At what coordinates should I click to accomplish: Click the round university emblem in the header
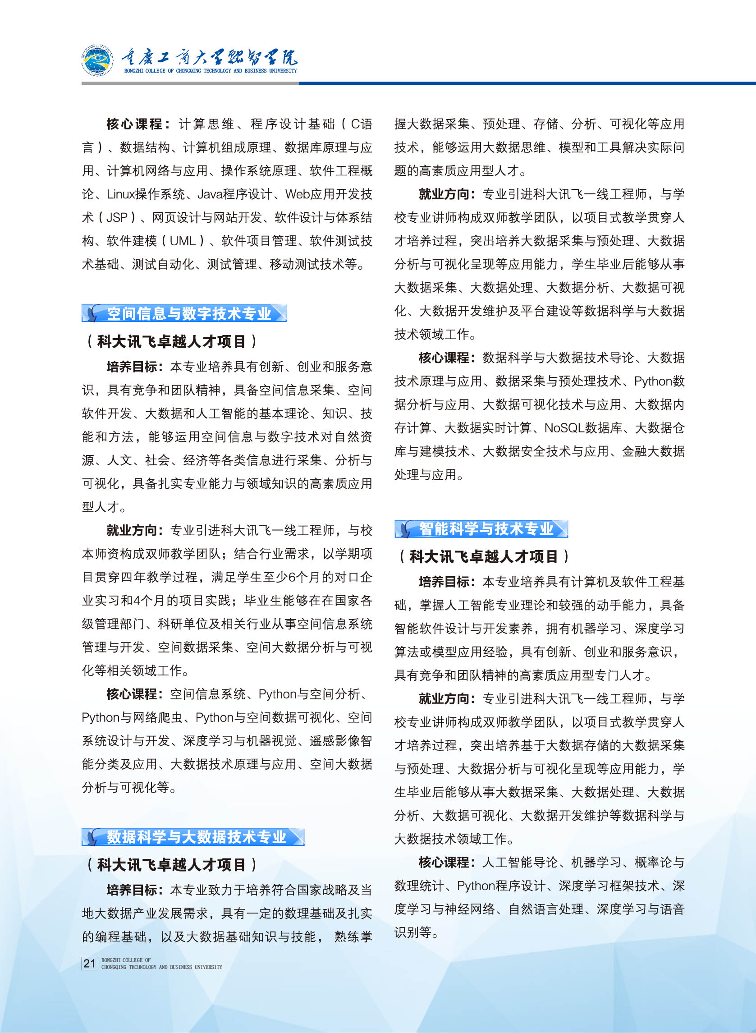point(97,60)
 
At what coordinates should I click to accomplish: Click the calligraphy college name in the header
point(210,57)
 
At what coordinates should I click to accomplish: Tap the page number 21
point(89,964)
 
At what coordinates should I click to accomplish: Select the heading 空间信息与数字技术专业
point(188,313)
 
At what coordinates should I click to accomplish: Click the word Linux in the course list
point(121,194)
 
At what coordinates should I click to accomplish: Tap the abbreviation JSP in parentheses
point(117,217)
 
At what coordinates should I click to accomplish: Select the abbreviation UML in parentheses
point(183,241)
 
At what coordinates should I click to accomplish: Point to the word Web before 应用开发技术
point(298,194)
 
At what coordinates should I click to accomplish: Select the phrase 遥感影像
point(328,740)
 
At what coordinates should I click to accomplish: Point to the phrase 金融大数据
point(653,451)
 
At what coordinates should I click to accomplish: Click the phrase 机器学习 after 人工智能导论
point(596,862)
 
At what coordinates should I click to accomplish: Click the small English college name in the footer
point(161,964)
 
